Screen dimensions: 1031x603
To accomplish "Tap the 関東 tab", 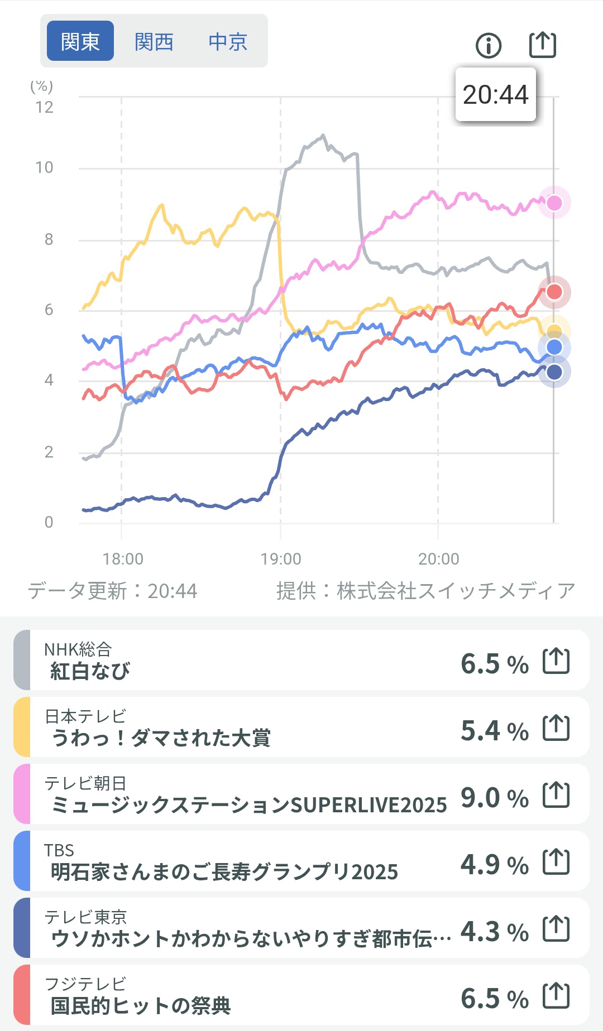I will [x=80, y=41].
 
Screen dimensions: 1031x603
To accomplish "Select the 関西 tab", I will [x=154, y=41].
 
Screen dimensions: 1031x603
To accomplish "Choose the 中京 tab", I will [x=228, y=41].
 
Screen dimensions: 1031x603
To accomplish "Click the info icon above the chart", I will [x=489, y=45].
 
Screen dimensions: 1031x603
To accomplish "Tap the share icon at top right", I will [x=542, y=45].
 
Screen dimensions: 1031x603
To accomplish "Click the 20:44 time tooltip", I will [x=495, y=94].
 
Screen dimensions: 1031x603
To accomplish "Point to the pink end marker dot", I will [x=554, y=203].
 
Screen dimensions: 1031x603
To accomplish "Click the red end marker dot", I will [x=554, y=291].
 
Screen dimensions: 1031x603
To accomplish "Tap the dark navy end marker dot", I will [x=554, y=372].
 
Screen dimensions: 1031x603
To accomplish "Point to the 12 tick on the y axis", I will [x=45, y=107].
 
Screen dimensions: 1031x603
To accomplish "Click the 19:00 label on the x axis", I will [x=280, y=558].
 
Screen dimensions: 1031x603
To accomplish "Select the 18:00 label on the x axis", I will [x=123, y=558].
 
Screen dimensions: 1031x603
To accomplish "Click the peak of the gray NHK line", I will [x=323, y=135].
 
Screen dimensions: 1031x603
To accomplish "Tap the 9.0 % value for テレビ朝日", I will [x=494, y=798].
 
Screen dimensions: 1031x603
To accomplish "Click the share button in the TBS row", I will [x=556, y=863].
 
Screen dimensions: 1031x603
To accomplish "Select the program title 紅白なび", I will [x=90, y=671].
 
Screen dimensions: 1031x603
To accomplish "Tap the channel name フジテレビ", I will [x=85, y=984].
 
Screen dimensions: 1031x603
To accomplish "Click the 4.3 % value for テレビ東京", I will [x=494, y=932].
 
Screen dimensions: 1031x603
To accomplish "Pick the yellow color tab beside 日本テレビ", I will [x=22, y=727].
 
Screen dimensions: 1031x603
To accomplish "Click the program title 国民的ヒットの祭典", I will [x=141, y=1006].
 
